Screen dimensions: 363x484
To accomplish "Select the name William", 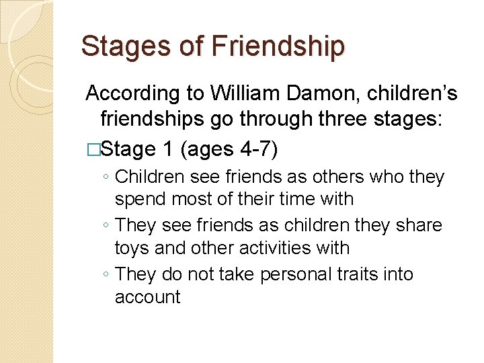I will tap(243, 93).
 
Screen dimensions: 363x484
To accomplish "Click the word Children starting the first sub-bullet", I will tap(149, 177).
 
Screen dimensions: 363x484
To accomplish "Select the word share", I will tap(417, 225).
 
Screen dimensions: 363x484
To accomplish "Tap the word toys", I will tap(132, 248).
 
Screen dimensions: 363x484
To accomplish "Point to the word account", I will tap(148, 297).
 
